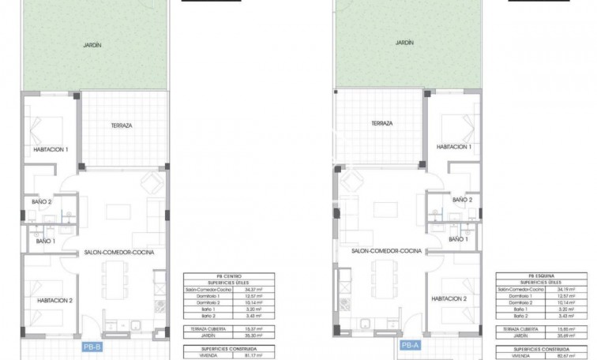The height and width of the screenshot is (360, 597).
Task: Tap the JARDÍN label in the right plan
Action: (404, 44)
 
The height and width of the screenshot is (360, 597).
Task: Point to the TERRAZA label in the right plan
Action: (381, 124)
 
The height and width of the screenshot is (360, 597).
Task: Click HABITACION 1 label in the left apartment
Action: (51, 149)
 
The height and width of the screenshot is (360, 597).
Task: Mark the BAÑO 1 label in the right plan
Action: (458, 238)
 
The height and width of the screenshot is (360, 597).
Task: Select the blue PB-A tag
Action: (409, 346)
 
